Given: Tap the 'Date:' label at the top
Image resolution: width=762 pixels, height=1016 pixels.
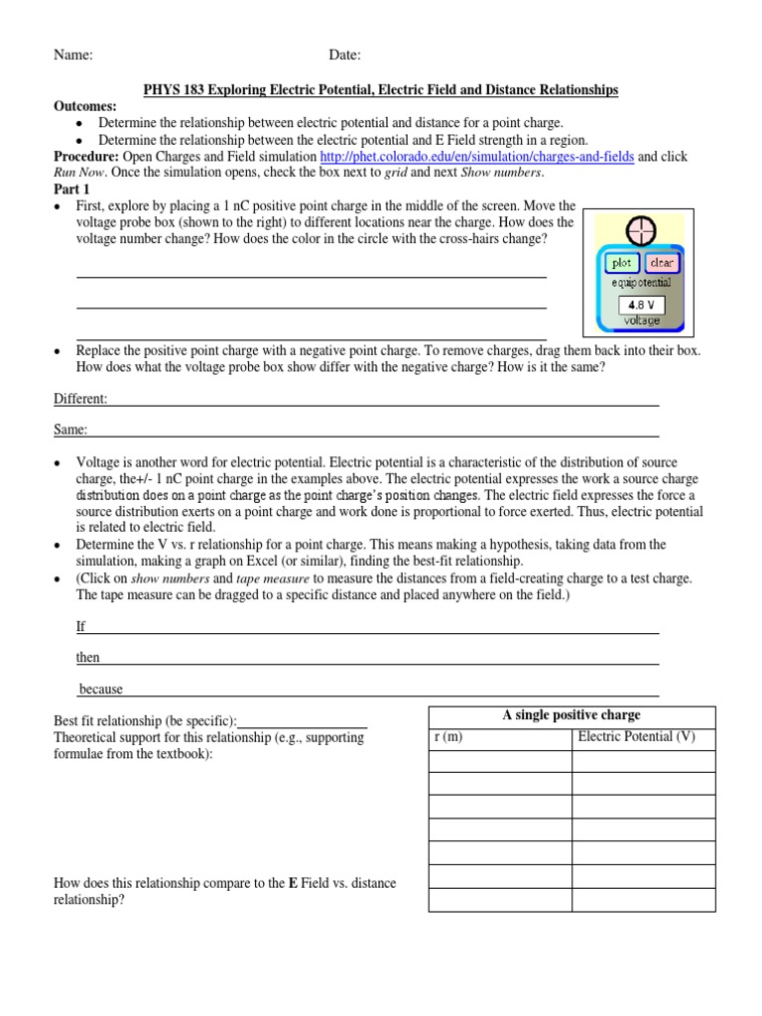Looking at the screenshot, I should (x=345, y=56).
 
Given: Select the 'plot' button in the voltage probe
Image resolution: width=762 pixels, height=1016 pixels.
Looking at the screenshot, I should (x=621, y=263).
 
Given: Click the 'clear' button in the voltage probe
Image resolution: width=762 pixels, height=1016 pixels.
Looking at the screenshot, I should (x=661, y=263).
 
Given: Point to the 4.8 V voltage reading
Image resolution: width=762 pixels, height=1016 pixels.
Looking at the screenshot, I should (x=640, y=306).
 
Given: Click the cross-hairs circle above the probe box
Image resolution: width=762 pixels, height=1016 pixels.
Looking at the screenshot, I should (x=641, y=230).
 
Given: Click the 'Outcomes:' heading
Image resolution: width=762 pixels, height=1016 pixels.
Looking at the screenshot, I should (x=84, y=106).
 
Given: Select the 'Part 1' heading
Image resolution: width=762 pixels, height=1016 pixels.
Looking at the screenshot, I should (x=71, y=189).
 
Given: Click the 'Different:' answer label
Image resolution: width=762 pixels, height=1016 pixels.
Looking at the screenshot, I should (x=80, y=399).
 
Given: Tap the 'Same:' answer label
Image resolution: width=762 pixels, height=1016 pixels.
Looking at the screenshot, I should (x=70, y=430).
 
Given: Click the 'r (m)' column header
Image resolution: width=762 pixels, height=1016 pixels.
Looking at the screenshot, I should (x=448, y=737).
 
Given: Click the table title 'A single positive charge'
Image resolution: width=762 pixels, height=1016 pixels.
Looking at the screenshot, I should (x=571, y=714).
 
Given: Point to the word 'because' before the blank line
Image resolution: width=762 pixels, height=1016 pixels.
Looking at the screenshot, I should (x=101, y=689).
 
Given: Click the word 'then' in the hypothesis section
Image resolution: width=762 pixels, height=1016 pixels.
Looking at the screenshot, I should (x=88, y=658).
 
